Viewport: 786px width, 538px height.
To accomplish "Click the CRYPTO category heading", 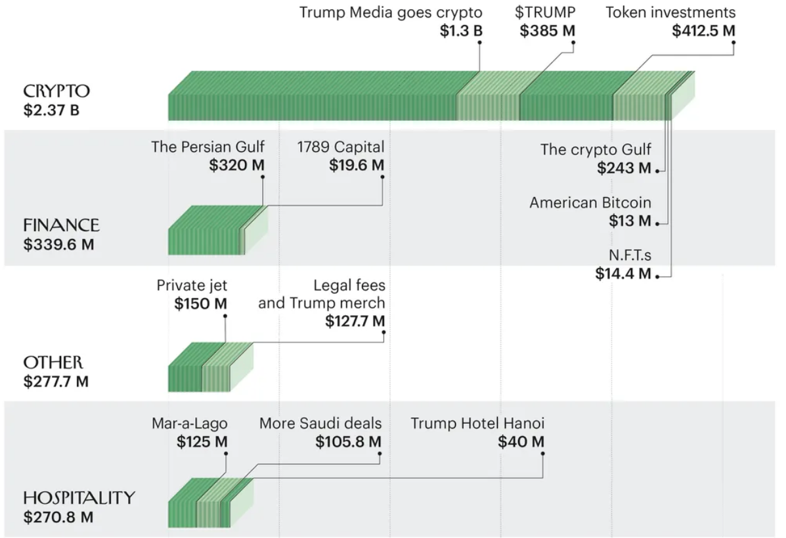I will pos(56,91).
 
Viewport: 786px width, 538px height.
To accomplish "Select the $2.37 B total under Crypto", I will pos(51,109).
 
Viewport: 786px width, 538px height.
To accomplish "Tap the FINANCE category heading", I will pos(61,225).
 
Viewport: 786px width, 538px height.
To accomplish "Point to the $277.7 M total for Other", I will pos(56,381).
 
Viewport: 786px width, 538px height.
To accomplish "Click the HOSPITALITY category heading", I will pos(79,498).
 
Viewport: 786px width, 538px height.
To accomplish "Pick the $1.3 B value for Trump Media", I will pos(462,31).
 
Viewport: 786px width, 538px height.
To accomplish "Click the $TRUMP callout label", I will pos(545,12).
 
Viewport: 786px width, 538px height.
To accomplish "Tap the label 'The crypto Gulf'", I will pos(596,149).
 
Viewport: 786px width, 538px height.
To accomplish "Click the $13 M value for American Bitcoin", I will pos(630,221).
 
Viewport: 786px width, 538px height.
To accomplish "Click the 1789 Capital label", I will pos(340,146).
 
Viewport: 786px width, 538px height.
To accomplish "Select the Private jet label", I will pos(192,285).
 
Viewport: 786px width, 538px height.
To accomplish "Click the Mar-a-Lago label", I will pos(189,424).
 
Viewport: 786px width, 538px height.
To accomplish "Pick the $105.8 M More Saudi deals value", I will pos(348,442).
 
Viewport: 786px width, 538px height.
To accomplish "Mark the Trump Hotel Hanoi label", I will pos(477,424).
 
